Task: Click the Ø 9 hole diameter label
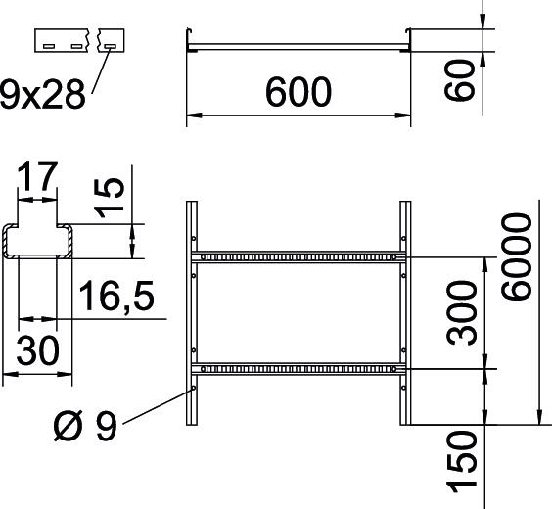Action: point(85,427)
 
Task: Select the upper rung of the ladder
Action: point(298,257)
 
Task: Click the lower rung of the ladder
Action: point(298,369)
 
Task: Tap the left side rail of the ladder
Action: point(192,313)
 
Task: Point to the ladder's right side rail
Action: point(403,313)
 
